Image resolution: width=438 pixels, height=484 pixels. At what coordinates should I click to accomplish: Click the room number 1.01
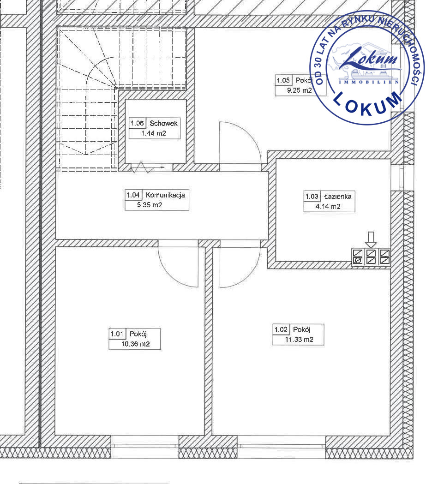coord(117,334)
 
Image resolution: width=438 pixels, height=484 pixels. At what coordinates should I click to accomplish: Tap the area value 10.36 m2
coord(136,344)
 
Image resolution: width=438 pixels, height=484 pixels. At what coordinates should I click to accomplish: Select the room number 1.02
coord(281,329)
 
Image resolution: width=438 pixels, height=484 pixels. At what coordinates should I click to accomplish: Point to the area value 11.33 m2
coord(299,340)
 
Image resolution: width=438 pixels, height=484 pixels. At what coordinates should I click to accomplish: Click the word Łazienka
coord(338,196)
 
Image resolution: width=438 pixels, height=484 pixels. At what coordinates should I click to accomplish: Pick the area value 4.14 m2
coord(328,207)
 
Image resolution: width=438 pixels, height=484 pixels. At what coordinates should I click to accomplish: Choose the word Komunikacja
coord(165,195)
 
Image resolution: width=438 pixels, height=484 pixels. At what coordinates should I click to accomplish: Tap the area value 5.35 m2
coord(150,205)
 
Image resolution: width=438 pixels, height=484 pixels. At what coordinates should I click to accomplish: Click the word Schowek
coord(163,124)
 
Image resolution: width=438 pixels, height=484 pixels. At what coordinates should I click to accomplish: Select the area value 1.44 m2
coord(153,133)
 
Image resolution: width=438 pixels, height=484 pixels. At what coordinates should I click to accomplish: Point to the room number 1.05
coord(283,80)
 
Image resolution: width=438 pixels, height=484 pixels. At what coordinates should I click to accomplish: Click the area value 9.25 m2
coord(300,90)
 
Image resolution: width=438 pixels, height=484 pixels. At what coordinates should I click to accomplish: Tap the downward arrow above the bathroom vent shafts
coord(371,239)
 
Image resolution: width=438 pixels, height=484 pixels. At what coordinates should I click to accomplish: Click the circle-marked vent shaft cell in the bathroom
coord(358,261)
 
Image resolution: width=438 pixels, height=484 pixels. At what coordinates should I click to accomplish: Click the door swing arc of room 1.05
coord(247,136)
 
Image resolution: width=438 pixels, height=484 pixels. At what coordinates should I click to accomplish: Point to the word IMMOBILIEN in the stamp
coord(369,82)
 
